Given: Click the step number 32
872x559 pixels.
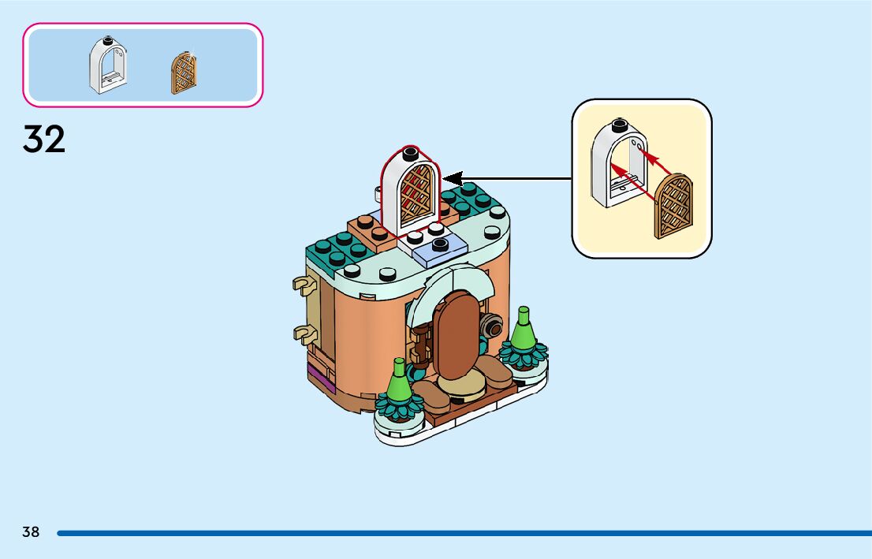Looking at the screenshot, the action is click(x=44, y=140).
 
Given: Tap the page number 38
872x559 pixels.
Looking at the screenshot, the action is click(x=31, y=532).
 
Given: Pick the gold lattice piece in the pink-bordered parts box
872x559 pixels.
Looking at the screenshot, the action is click(x=184, y=74).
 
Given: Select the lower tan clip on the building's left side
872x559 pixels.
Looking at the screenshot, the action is click(x=300, y=334).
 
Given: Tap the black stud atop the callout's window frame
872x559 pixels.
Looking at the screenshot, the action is click(x=620, y=125).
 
